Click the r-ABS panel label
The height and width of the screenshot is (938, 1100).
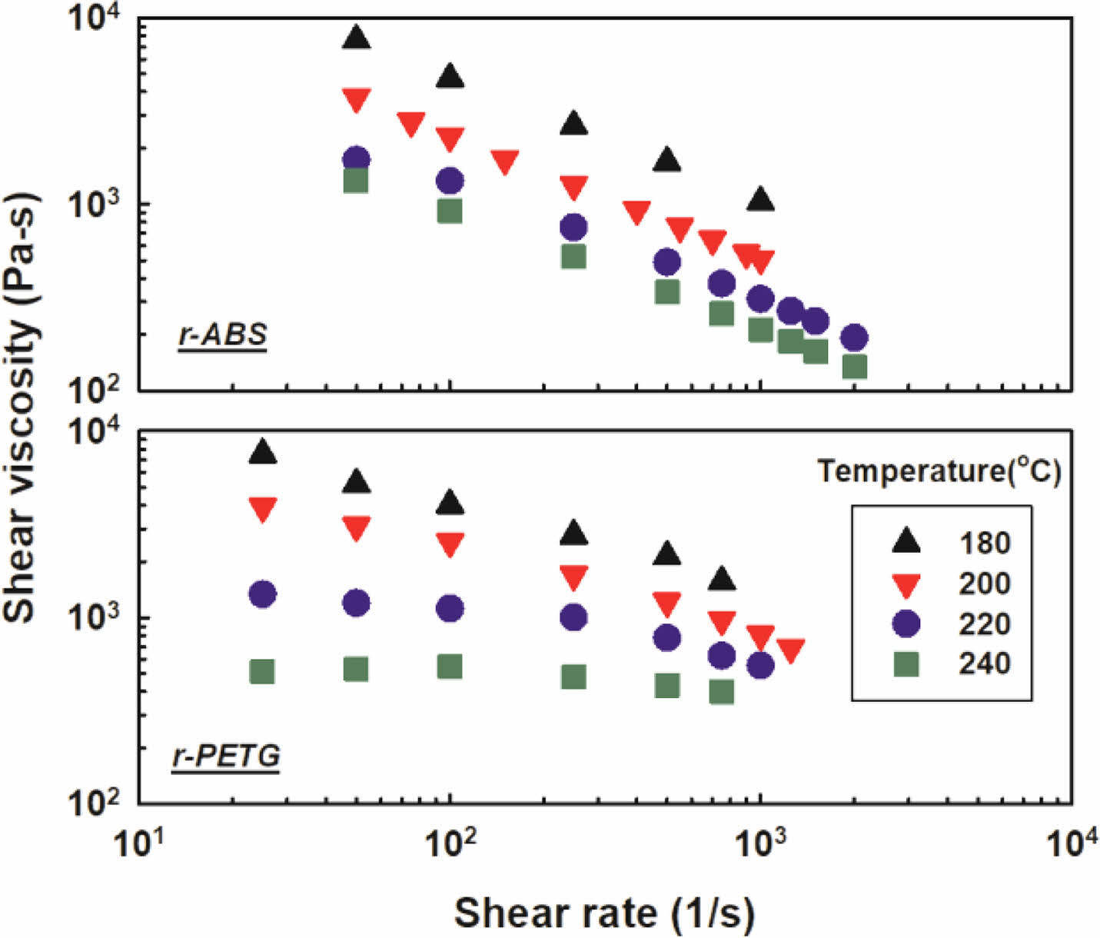[x=222, y=334]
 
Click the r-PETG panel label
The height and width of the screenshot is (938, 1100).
[x=226, y=756]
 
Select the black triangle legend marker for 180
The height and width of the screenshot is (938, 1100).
[x=907, y=541]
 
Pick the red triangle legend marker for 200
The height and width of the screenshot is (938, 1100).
[x=907, y=585]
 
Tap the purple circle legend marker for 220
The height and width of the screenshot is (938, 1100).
[x=907, y=623]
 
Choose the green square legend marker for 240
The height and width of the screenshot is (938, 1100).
[x=907, y=663]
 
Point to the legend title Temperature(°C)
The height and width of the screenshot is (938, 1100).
[x=939, y=470]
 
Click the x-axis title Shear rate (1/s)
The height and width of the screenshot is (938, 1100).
[x=604, y=913]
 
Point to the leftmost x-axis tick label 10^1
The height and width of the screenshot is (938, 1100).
[x=138, y=844]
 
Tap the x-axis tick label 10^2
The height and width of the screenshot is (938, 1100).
[x=449, y=844]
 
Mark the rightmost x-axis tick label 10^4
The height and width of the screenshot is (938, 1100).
[x=1070, y=844]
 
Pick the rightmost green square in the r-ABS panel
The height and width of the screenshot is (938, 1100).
[x=854, y=367]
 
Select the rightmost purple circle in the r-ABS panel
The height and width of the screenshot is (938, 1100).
[x=854, y=337]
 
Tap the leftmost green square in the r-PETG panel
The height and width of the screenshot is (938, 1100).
[x=262, y=672]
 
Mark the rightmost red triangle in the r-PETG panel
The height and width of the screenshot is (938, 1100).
[x=790, y=650]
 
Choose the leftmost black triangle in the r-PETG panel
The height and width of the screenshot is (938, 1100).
[x=263, y=452]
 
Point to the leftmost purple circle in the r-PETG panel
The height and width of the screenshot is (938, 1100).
[x=263, y=594]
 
